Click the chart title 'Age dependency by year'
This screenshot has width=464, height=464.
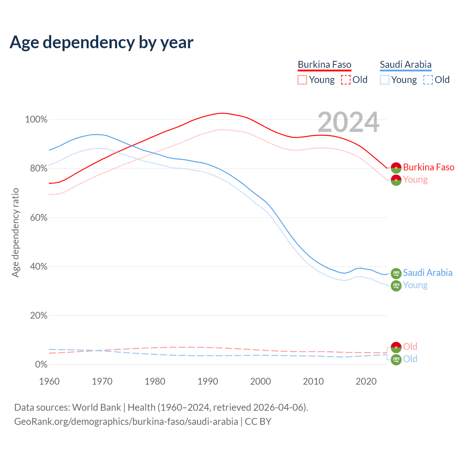(x=101, y=42)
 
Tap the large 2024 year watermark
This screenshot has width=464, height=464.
(x=348, y=123)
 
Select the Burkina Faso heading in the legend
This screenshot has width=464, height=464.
(x=324, y=65)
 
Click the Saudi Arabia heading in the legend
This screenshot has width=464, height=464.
(x=406, y=65)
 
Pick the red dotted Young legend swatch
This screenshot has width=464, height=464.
(x=302, y=80)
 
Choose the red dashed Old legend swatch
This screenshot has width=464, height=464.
(x=346, y=80)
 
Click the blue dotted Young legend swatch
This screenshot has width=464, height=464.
(x=385, y=80)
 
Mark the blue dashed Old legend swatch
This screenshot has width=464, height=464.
(x=428, y=80)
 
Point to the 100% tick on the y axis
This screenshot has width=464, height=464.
(x=36, y=120)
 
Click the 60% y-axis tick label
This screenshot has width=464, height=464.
(x=38, y=218)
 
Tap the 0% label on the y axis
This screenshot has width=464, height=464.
(x=41, y=365)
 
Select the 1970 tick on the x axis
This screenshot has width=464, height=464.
(x=102, y=381)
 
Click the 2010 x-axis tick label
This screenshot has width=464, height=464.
(x=313, y=381)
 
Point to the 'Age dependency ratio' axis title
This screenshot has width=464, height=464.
(x=15, y=232)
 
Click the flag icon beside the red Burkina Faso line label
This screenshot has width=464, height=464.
(x=396, y=167)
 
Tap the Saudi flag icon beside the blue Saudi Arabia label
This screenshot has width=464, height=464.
(x=396, y=273)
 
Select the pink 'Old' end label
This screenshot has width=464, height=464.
(x=410, y=347)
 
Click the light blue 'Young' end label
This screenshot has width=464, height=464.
(x=415, y=285)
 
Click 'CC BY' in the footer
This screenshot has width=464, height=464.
(x=258, y=422)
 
